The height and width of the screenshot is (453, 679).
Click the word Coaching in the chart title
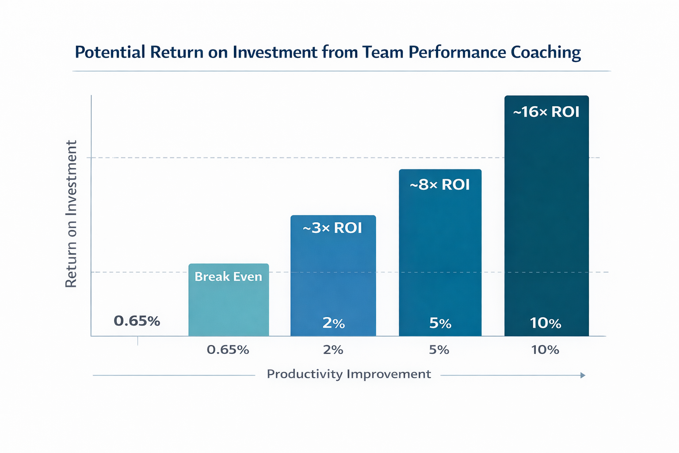(x=545, y=53)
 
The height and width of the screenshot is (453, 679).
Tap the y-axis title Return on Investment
(x=71, y=214)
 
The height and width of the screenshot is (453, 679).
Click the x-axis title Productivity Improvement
(x=349, y=374)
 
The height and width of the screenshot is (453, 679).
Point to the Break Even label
(x=228, y=277)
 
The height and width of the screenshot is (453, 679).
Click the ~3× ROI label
(x=332, y=228)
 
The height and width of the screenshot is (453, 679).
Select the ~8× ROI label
(x=440, y=185)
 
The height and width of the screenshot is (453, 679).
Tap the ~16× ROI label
(x=546, y=112)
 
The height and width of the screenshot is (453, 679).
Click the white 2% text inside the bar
(x=333, y=323)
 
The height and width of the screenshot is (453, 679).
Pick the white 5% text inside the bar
(x=440, y=324)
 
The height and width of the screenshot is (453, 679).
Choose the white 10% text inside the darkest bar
(x=545, y=324)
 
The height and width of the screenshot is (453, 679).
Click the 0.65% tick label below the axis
(x=228, y=350)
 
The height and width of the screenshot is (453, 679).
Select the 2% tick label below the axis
(x=333, y=350)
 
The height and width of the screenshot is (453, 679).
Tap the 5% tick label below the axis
(x=439, y=350)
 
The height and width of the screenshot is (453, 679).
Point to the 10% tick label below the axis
(x=545, y=350)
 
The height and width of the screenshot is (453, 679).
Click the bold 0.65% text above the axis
(x=137, y=321)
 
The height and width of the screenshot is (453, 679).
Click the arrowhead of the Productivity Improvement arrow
(x=583, y=375)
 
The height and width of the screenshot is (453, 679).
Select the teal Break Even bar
(x=229, y=305)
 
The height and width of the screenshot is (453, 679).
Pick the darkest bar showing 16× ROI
(x=546, y=221)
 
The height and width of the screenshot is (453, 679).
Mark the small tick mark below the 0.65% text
(x=138, y=341)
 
